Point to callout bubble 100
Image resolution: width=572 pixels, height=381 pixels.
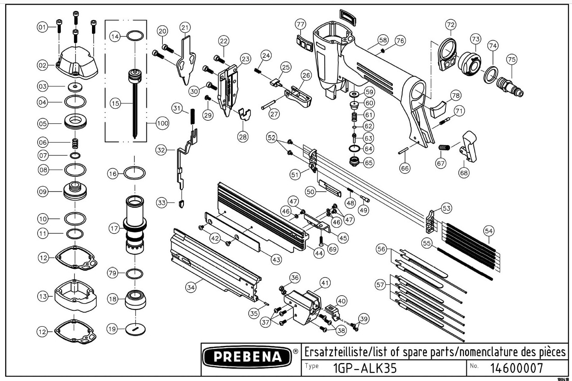click(162, 123)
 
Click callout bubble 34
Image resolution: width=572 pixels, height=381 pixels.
click(191, 288)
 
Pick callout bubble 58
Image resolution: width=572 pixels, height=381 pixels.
click(382, 41)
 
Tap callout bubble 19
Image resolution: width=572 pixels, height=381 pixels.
click(112, 329)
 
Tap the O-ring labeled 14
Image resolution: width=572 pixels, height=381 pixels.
click(135, 36)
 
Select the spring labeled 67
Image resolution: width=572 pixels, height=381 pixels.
click(445, 148)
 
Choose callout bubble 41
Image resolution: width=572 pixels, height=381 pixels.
click(326, 283)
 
